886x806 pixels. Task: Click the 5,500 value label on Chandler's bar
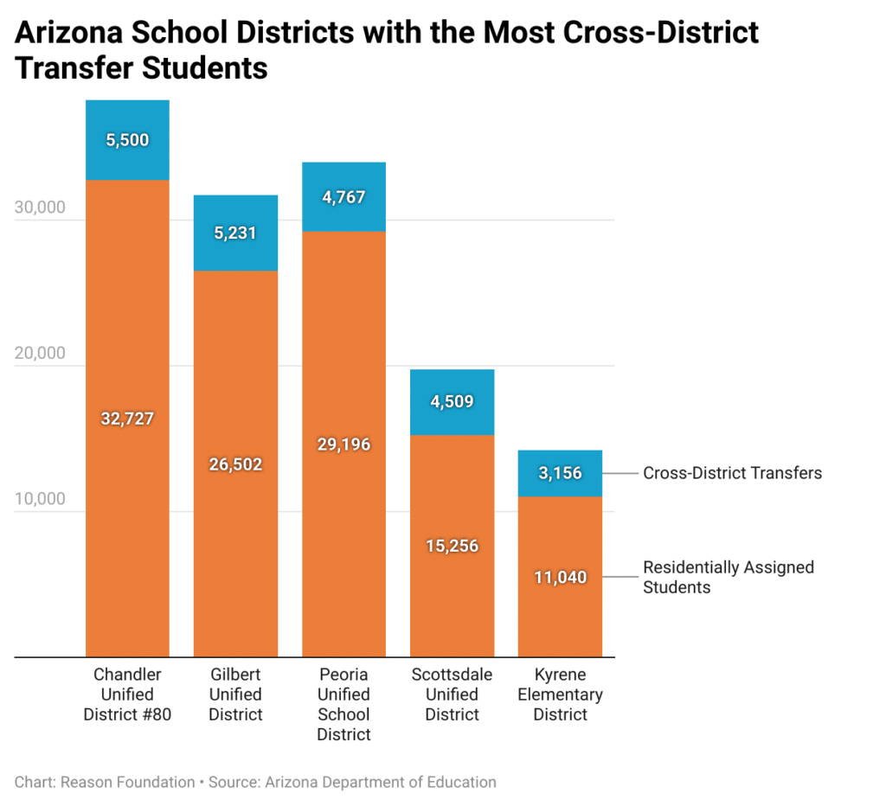click(127, 140)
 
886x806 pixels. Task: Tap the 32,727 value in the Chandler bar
click(127, 419)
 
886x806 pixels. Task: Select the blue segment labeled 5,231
click(235, 233)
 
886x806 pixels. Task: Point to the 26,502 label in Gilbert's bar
click(235, 464)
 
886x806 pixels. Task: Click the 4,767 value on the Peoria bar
click(343, 197)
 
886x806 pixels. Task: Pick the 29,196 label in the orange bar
click(343, 445)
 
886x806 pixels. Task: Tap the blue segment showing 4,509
click(452, 401)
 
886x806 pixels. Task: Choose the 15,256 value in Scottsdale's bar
click(452, 546)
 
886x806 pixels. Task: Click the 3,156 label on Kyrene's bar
click(560, 473)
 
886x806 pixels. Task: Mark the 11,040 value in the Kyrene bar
click(560, 577)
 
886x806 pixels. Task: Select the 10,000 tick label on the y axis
click(40, 499)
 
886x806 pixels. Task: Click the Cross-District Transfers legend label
click(732, 473)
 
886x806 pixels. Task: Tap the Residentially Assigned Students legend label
click(728, 577)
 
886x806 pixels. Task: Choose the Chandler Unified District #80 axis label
click(127, 694)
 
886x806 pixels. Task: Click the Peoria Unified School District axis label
click(343, 704)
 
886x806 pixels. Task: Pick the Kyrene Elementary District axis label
click(560, 694)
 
